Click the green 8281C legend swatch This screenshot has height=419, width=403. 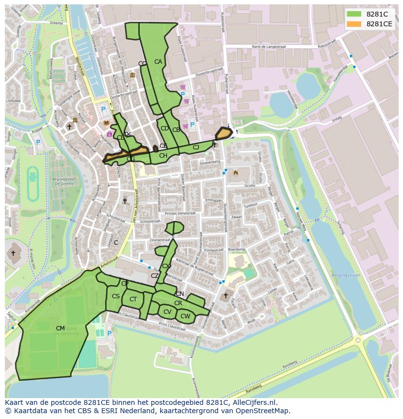[354, 14]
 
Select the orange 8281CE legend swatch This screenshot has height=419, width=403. [354, 24]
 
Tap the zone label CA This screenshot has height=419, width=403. [158, 62]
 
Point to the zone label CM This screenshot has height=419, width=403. [60, 328]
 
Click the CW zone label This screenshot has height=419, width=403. [185, 316]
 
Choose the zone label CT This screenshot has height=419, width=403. [133, 299]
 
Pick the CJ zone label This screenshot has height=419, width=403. [196, 147]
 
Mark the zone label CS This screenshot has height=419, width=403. [115, 296]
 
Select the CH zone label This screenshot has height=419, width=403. [163, 156]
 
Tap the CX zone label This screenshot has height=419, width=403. [166, 266]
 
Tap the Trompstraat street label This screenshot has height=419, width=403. [213, 250]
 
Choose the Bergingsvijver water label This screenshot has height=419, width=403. [346, 275]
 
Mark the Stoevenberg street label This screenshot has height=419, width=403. [210, 162]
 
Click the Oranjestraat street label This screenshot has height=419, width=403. [161, 239]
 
